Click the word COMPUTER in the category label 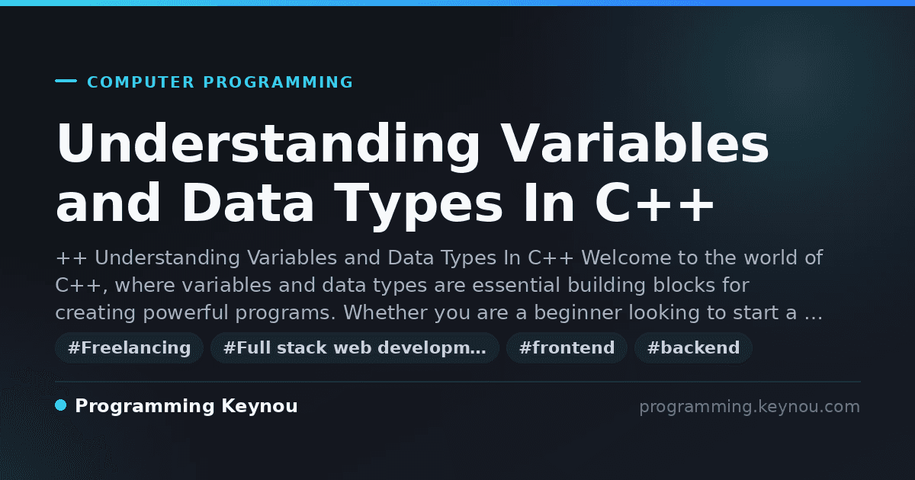point(140,82)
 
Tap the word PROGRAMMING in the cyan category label point(278,82)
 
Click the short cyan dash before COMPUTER point(66,81)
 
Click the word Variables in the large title point(635,144)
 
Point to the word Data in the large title point(248,203)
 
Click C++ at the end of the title point(654,203)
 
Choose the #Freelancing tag point(129,347)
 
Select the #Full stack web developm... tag point(355,347)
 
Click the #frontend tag point(567,347)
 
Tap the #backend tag point(693,347)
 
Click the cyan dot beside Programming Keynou point(61,405)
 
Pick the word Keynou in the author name point(259,407)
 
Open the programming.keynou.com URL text point(750,407)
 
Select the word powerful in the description point(185,313)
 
